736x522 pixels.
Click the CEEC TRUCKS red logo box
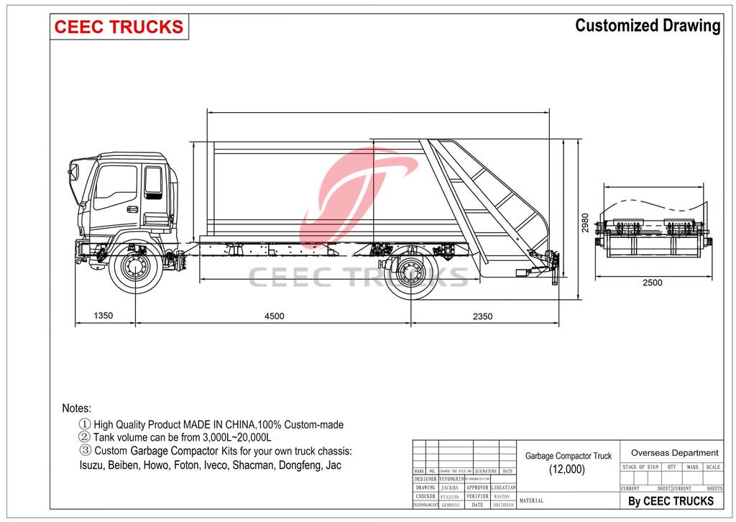(x=119, y=27)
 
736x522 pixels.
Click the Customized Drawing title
(x=648, y=26)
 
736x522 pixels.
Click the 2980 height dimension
(x=586, y=223)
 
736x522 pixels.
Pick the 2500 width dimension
(x=652, y=283)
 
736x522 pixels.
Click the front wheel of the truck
(x=135, y=270)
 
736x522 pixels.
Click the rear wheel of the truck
(x=412, y=272)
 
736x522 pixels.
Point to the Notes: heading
(x=77, y=408)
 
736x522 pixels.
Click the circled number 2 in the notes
(x=85, y=437)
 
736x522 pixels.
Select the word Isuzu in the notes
(x=92, y=465)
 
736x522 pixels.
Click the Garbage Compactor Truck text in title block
(x=568, y=456)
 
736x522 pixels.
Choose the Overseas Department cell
(x=674, y=453)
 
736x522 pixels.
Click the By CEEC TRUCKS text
(x=671, y=501)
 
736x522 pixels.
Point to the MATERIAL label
(x=531, y=500)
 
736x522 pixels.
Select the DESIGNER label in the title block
(x=425, y=479)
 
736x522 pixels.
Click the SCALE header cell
(x=713, y=467)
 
